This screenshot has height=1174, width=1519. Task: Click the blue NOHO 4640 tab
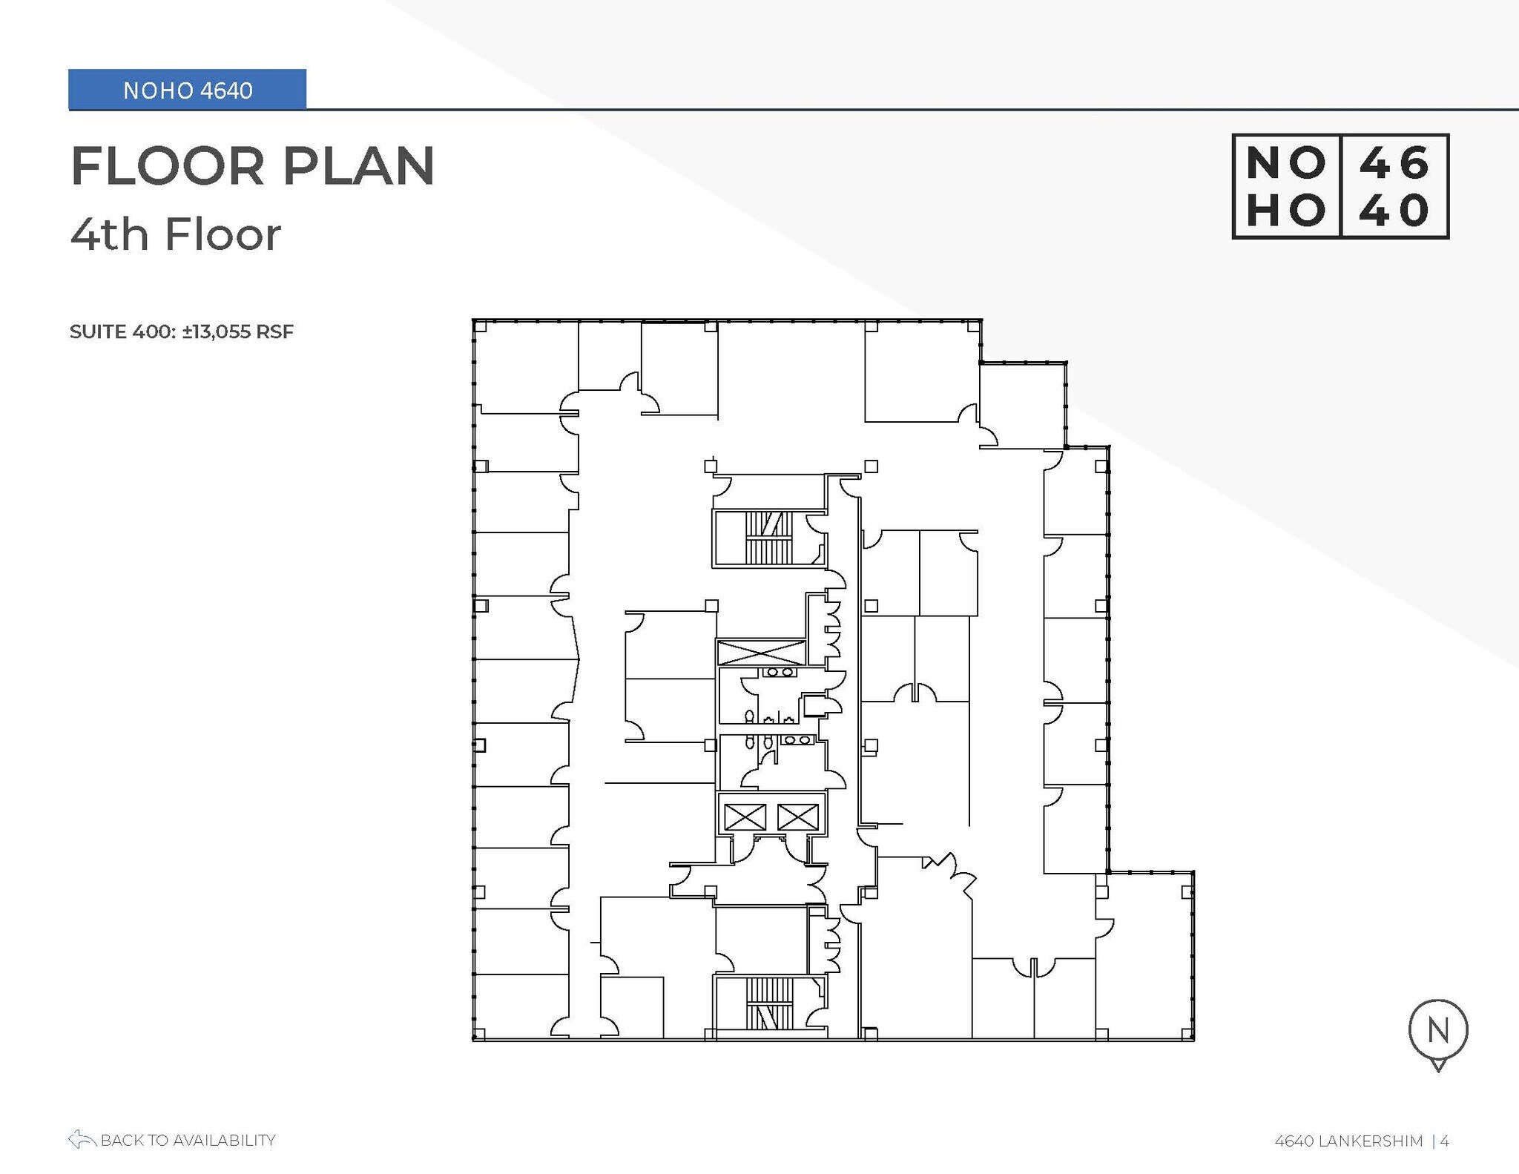tap(187, 90)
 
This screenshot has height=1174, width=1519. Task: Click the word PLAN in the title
tap(358, 166)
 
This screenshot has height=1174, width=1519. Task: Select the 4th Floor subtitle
tap(176, 234)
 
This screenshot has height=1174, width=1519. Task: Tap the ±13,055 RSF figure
tap(237, 332)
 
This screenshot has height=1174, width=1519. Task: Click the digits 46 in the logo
tap(1394, 162)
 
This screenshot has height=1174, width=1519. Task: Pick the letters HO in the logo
tap(1285, 211)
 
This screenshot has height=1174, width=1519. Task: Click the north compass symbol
tap(1437, 1032)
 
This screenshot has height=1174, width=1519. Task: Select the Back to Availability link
tap(188, 1140)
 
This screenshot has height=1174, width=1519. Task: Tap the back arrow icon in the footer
tap(82, 1139)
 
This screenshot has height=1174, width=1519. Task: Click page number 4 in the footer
tap(1444, 1141)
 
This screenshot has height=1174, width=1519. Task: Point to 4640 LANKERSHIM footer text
tap(1348, 1141)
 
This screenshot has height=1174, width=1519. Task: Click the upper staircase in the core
tap(769, 538)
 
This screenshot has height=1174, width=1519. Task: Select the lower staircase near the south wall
tap(769, 1003)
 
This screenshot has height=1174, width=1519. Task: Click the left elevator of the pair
tap(744, 817)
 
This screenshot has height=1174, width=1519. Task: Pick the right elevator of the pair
tap(797, 817)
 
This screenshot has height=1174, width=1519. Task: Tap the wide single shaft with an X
tap(761, 653)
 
